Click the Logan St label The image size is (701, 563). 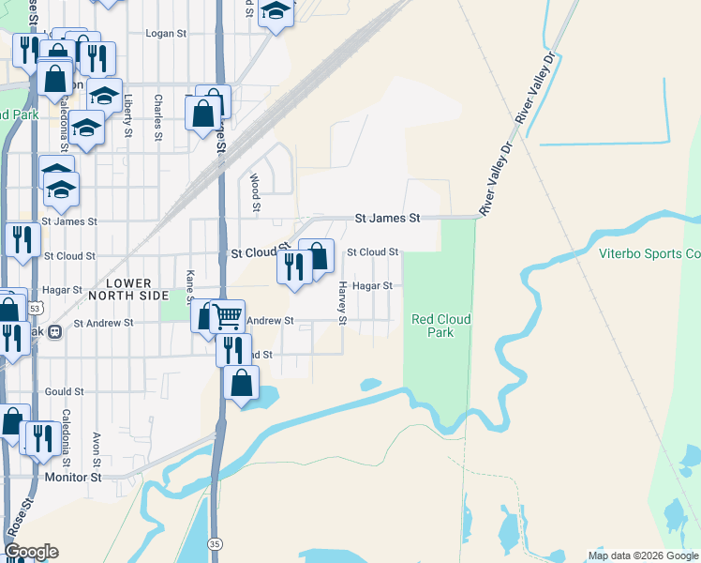167,33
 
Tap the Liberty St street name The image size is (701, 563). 127,116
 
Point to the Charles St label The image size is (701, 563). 158,116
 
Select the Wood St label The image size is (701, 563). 254,191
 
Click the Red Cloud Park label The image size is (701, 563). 440,326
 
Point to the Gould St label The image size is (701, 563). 65,391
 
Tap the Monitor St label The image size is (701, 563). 72,478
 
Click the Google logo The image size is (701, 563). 31,552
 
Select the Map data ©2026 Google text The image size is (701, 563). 642,555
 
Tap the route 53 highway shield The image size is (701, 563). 36,308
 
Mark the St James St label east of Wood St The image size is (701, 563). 387,218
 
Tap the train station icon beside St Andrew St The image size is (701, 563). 55,331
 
